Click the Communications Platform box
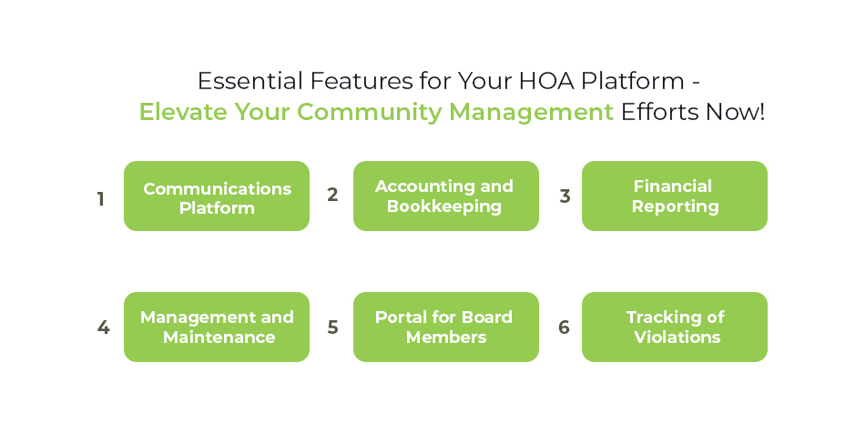click(x=217, y=196)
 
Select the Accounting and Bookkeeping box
click(x=445, y=196)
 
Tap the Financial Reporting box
click(x=675, y=196)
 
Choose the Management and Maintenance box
click(x=217, y=327)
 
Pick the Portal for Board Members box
click(x=445, y=327)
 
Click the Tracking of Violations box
click(x=675, y=327)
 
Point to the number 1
click(x=101, y=198)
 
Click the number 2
click(x=332, y=195)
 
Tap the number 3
click(x=565, y=196)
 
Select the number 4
click(x=103, y=327)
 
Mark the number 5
click(x=332, y=327)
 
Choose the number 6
click(x=565, y=327)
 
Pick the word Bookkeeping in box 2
click(x=444, y=206)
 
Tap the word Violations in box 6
click(x=676, y=337)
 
